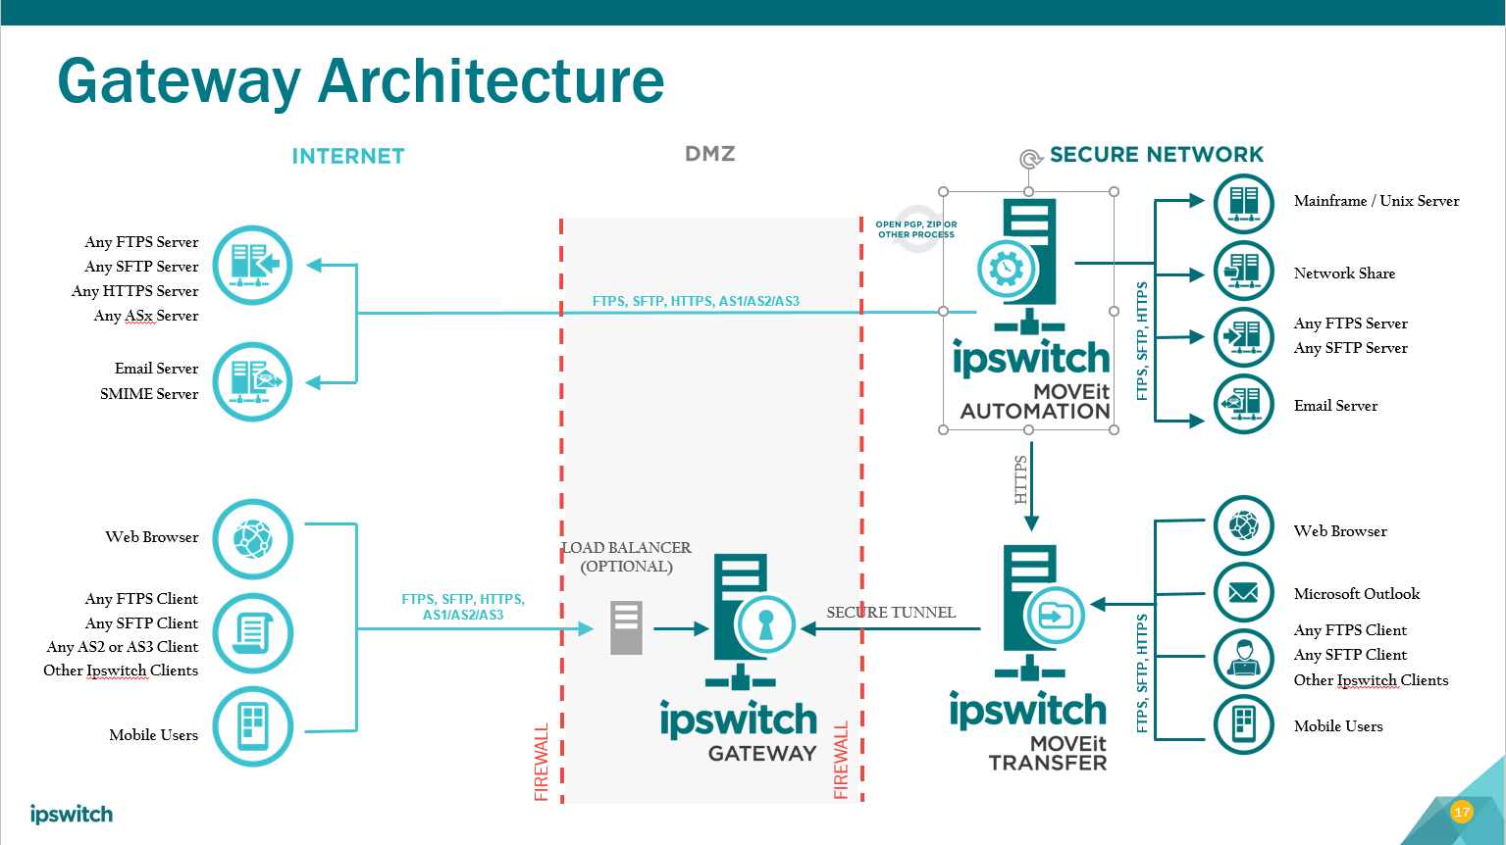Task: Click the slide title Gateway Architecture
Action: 360,80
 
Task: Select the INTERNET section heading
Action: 348,157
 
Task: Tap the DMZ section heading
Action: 709,154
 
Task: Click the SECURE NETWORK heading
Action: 1156,155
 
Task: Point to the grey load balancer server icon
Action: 626,627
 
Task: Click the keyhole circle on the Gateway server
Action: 765,624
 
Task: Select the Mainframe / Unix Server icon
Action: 1243,203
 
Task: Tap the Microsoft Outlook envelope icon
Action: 1243,592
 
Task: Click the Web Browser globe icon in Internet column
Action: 253,538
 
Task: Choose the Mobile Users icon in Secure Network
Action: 1243,724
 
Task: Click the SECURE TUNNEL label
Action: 891,613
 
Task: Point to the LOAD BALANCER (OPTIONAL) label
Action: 626,557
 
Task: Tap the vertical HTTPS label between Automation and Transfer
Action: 1020,478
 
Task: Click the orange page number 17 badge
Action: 1462,812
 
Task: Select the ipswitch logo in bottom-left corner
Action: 71,815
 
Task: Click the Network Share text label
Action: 1344,273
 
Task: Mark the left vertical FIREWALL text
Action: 542,763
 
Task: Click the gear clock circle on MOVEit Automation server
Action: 1006,268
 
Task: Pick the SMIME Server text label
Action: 149,394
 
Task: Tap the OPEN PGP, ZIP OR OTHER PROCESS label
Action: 915,229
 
